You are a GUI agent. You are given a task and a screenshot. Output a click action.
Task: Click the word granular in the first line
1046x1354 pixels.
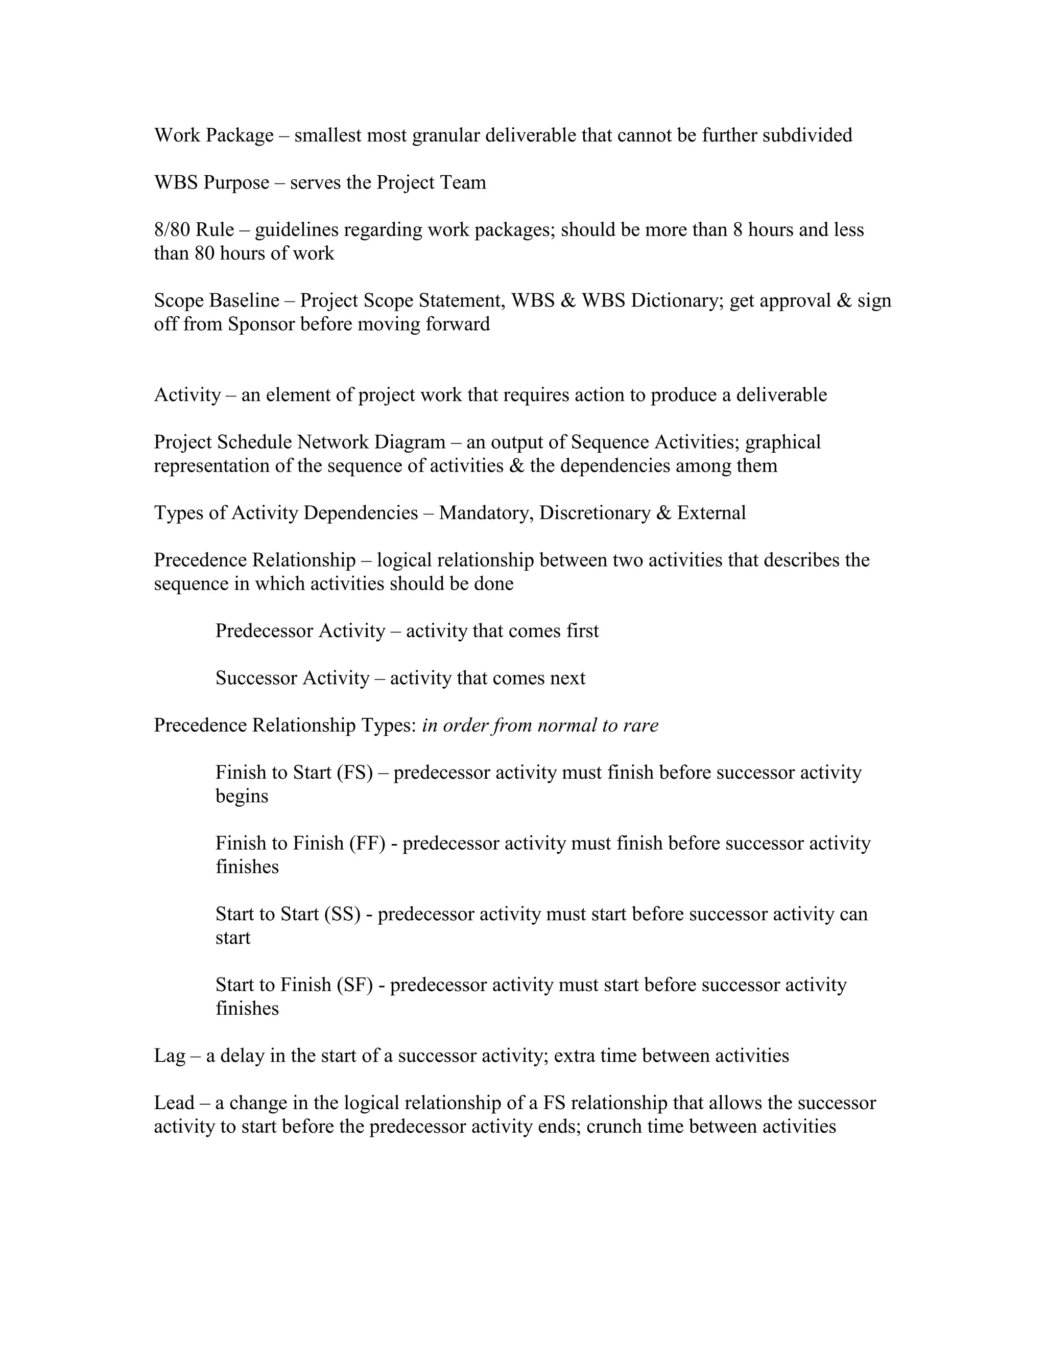[x=445, y=135]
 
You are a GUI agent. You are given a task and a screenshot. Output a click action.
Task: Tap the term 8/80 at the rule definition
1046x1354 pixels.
[x=172, y=230]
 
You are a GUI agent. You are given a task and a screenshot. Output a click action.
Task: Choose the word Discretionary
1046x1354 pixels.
[x=597, y=513]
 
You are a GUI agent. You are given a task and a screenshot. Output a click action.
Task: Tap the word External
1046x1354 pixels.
[x=711, y=513]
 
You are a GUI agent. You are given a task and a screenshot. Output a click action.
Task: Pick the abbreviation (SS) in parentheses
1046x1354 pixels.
[x=342, y=915]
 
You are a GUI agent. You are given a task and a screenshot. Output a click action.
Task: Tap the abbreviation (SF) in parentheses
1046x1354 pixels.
[x=355, y=985]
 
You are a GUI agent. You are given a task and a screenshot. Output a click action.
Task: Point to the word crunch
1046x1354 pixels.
[x=614, y=1127]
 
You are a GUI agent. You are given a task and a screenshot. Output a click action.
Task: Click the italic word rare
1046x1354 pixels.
[x=641, y=726]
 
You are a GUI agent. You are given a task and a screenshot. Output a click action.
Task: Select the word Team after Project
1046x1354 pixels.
[x=463, y=183]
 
